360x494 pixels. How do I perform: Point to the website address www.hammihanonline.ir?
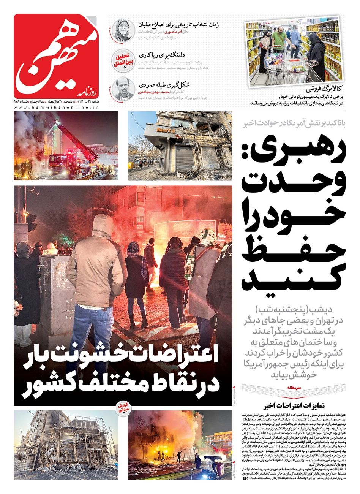(x=56, y=108)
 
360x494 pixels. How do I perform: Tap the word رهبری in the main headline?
(x=294, y=152)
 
